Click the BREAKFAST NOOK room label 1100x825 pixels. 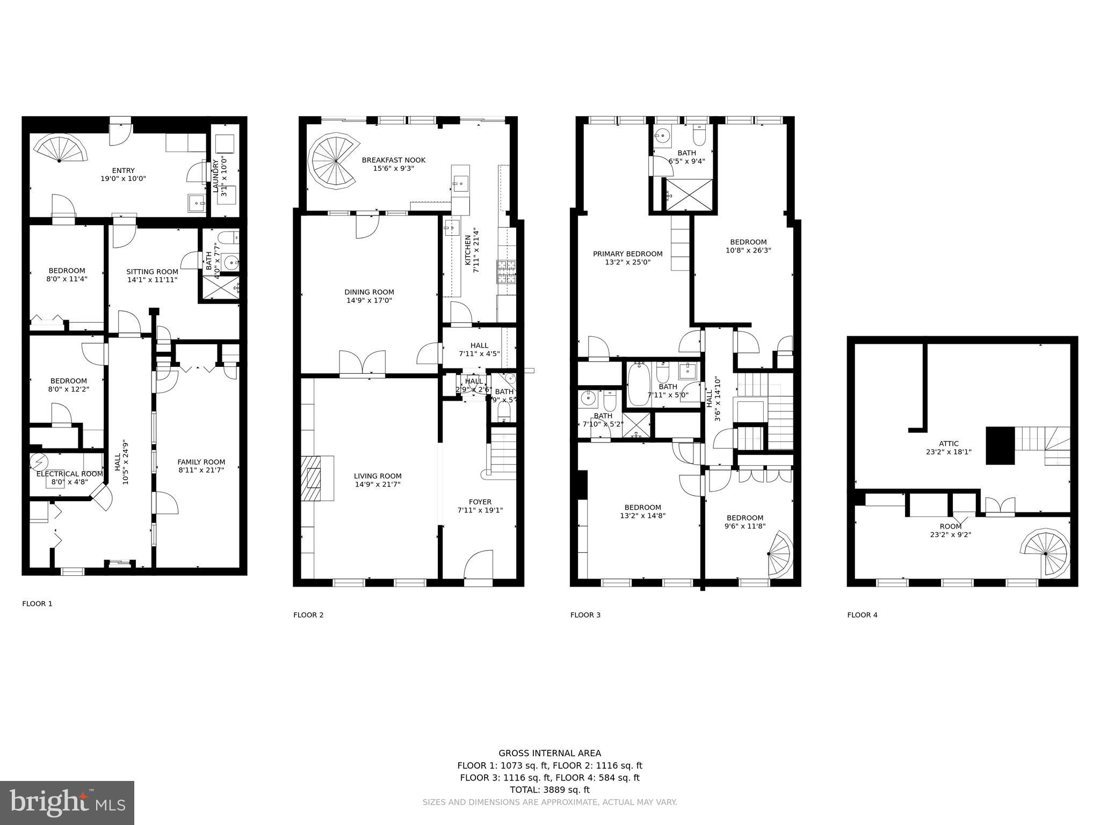pyautogui.click(x=393, y=160)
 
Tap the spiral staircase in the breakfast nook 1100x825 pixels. pyautogui.click(x=335, y=161)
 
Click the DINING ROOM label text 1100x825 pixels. pyautogui.click(x=369, y=292)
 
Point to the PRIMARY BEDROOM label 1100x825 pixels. pyautogui.click(x=627, y=254)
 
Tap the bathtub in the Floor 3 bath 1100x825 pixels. pyautogui.click(x=639, y=385)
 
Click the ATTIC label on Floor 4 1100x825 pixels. pyautogui.click(x=949, y=444)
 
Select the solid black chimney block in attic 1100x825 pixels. pyautogui.click(x=1000, y=445)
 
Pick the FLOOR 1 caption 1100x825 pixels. pyautogui.click(x=37, y=604)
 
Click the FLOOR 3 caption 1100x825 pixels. pyautogui.click(x=585, y=615)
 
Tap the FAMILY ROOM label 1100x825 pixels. pyautogui.click(x=201, y=462)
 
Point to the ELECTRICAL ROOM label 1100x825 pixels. pyautogui.click(x=69, y=474)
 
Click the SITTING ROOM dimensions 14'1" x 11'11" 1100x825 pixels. pyautogui.click(x=152, y=280)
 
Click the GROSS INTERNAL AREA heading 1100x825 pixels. pyautogui.click(x=549, y=754)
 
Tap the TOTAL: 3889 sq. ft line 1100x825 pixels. pyautogui.click(x=549, y=790)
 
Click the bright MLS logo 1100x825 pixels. pyautogui.click(x=67, y=804)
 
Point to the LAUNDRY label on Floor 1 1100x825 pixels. pyautogui.click(x=215, y=176)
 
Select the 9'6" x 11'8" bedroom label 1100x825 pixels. pyautogui.click(x=744, y=526)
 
